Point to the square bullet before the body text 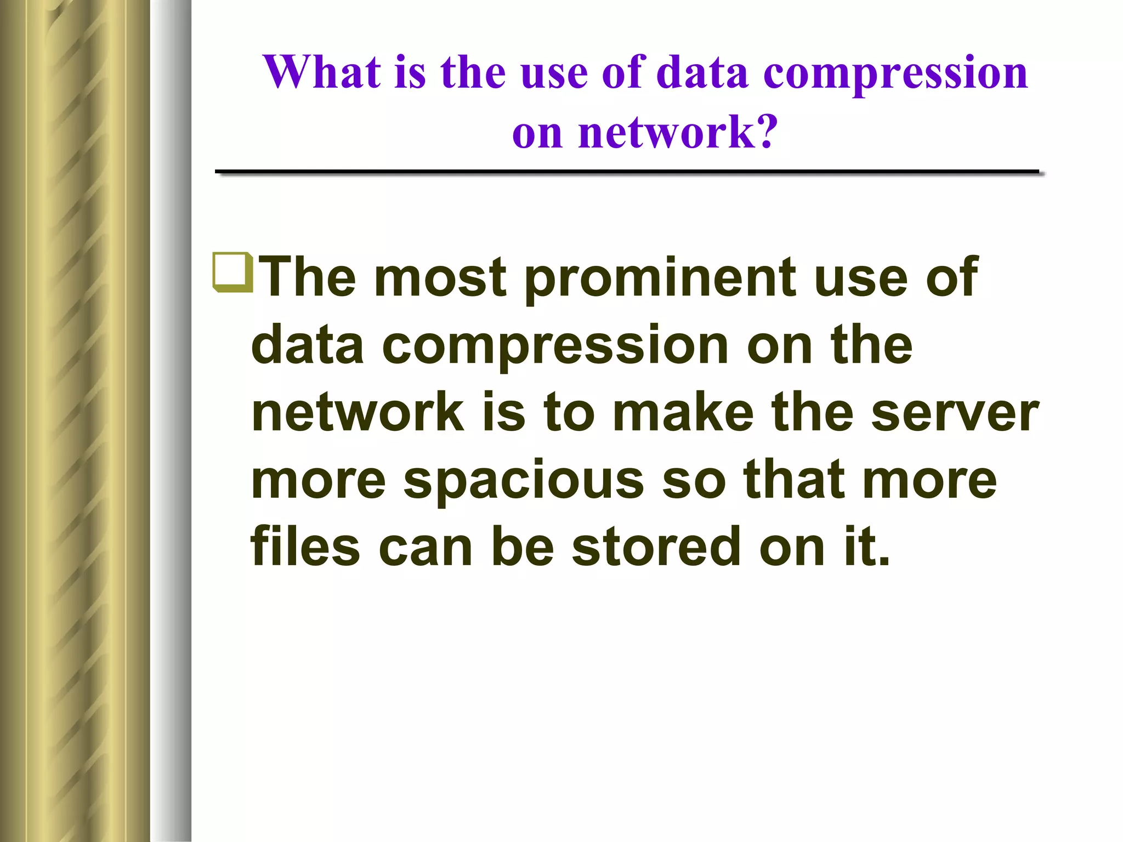tap(232, 272)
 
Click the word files tap(305, 547)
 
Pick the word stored tap(656, 547)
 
